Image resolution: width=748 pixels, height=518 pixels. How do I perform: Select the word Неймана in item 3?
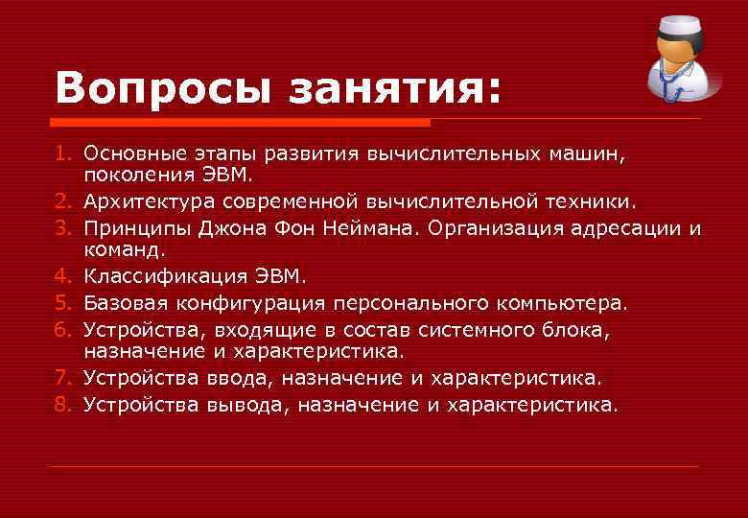click(419, 228)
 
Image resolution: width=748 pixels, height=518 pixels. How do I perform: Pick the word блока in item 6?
click(581, 329)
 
